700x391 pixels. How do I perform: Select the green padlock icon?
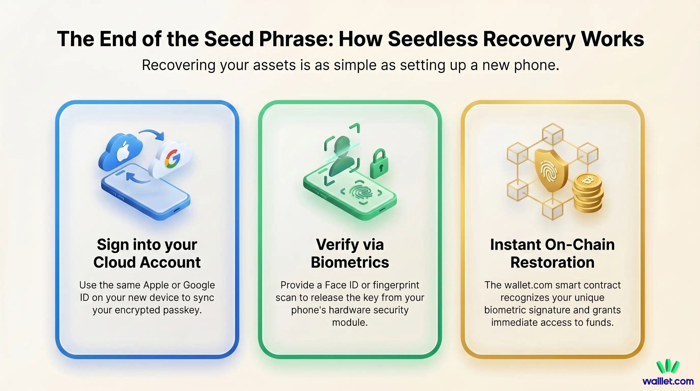coord(379,164)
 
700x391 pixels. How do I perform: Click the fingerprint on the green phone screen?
coord(361,192)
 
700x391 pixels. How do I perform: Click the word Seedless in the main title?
coord(433,39)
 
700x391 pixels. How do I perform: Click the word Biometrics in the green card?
coord(350,262)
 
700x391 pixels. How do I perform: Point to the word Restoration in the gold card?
coord(552,262)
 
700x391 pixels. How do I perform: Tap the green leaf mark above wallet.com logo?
coord(668,366)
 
